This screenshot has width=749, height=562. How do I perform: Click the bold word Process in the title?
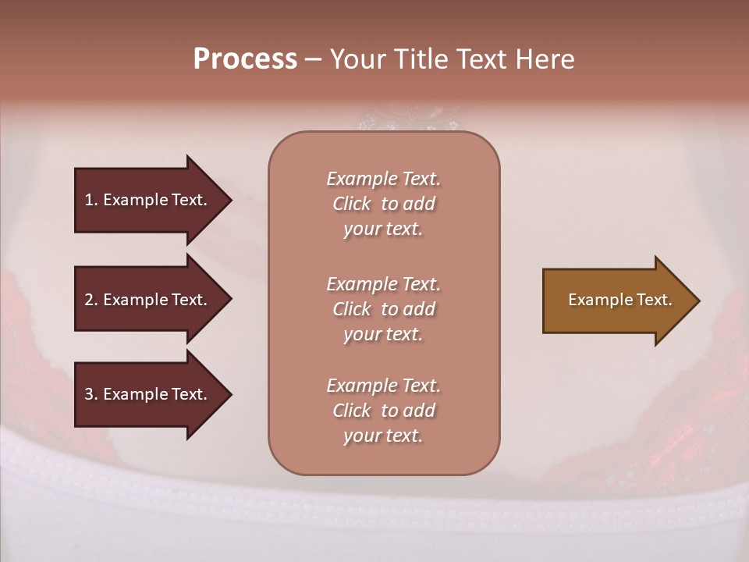(245, 59)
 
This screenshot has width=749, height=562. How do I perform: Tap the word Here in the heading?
(545, 59)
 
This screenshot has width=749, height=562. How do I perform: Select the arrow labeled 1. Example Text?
(148, 200)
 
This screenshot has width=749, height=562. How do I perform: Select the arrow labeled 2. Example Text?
(148, 300)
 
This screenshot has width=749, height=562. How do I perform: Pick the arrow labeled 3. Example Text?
(148, 394)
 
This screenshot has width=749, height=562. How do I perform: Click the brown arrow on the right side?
(616, 301)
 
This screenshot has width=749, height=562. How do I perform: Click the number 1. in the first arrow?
(91, 200)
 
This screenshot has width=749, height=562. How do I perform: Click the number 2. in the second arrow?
(91, 300)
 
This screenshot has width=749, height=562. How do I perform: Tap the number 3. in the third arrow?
(91, 394)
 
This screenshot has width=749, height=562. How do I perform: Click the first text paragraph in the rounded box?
(383, 204)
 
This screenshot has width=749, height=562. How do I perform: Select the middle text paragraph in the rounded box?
(383, 309)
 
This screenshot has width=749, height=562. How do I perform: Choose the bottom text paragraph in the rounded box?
(383, 411)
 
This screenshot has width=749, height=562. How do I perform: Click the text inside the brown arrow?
(619, 300)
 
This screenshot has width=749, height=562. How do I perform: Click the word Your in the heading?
(358, 59)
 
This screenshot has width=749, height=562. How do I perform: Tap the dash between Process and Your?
(313, 59)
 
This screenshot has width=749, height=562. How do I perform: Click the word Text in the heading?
(485, 59)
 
